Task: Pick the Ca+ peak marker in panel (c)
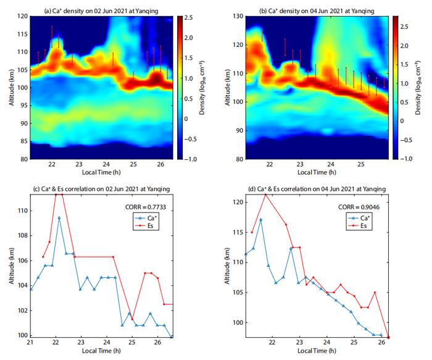click(x=59, y=217)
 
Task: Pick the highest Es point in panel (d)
click(x=265, y=195)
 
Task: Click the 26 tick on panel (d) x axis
click(x=380, y=343)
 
